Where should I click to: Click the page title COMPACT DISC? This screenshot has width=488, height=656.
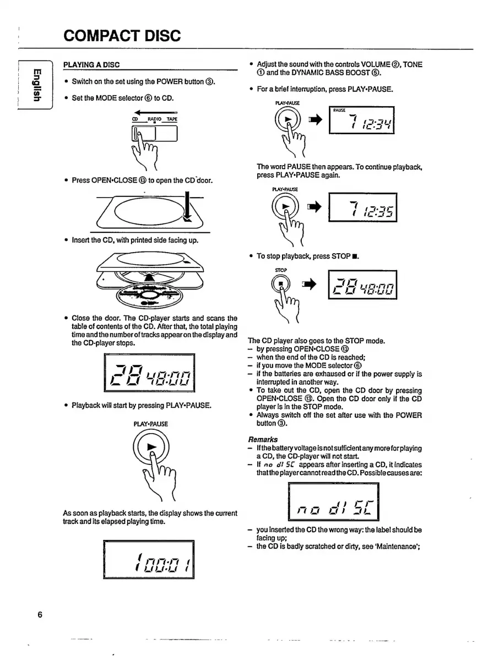(122, 36)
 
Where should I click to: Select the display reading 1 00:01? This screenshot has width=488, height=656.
(149, 559)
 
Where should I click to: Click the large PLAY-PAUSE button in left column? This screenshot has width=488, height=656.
(151, 447)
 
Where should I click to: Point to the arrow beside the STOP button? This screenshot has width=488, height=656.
(311, 285)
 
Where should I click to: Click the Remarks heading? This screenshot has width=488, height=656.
(263, 440)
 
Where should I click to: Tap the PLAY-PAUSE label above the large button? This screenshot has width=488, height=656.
(150, 424)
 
